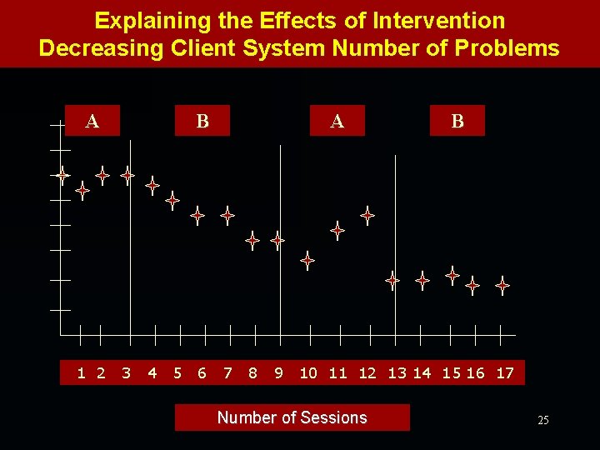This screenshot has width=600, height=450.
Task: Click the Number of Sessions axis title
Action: (x=292, y=417)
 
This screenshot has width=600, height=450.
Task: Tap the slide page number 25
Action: (x=542, y=421)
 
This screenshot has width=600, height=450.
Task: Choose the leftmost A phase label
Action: (x=92, y=122)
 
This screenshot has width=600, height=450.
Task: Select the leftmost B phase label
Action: (x=202, y=122)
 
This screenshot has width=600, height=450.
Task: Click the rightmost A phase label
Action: (x=337, y=122)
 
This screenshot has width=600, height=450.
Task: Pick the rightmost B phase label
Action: (x=457, y=122)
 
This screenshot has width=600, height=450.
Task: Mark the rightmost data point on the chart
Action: (x=502, y=285)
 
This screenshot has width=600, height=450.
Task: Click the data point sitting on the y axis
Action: (x=62, y=175)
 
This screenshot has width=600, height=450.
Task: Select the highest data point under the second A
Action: (x=367, y=215)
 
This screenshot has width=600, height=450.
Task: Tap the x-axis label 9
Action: (x=278, y=373)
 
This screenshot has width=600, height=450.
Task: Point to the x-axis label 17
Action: (x=505, y=373)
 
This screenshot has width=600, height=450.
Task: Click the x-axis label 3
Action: (x=126, y=373)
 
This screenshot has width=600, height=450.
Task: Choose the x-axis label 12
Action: (x=367, y=373)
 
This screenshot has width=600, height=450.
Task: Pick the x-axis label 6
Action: (x=202, y=373)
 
